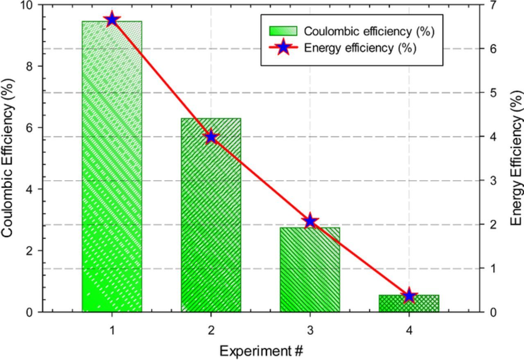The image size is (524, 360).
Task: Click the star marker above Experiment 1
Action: click(x=112, y=19)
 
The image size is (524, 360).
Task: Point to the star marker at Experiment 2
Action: click(x=211, y=137)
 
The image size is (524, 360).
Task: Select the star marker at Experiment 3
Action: click(x=310, y=221)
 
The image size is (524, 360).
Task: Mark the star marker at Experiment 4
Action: click(x=409, y=295)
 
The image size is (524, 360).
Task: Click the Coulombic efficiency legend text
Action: click(x=369, y=31)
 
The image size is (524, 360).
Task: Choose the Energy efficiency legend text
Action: click(x=360, y=48)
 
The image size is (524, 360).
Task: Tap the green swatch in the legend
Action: click(x=283, y=31)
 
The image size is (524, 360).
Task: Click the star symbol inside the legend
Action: click(x=283, y=48)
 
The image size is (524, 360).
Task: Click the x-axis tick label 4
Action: click(x=409, y=330)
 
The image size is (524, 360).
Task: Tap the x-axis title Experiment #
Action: click(x=261, y=351)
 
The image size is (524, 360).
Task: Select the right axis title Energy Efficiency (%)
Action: click(x=517, y=157)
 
